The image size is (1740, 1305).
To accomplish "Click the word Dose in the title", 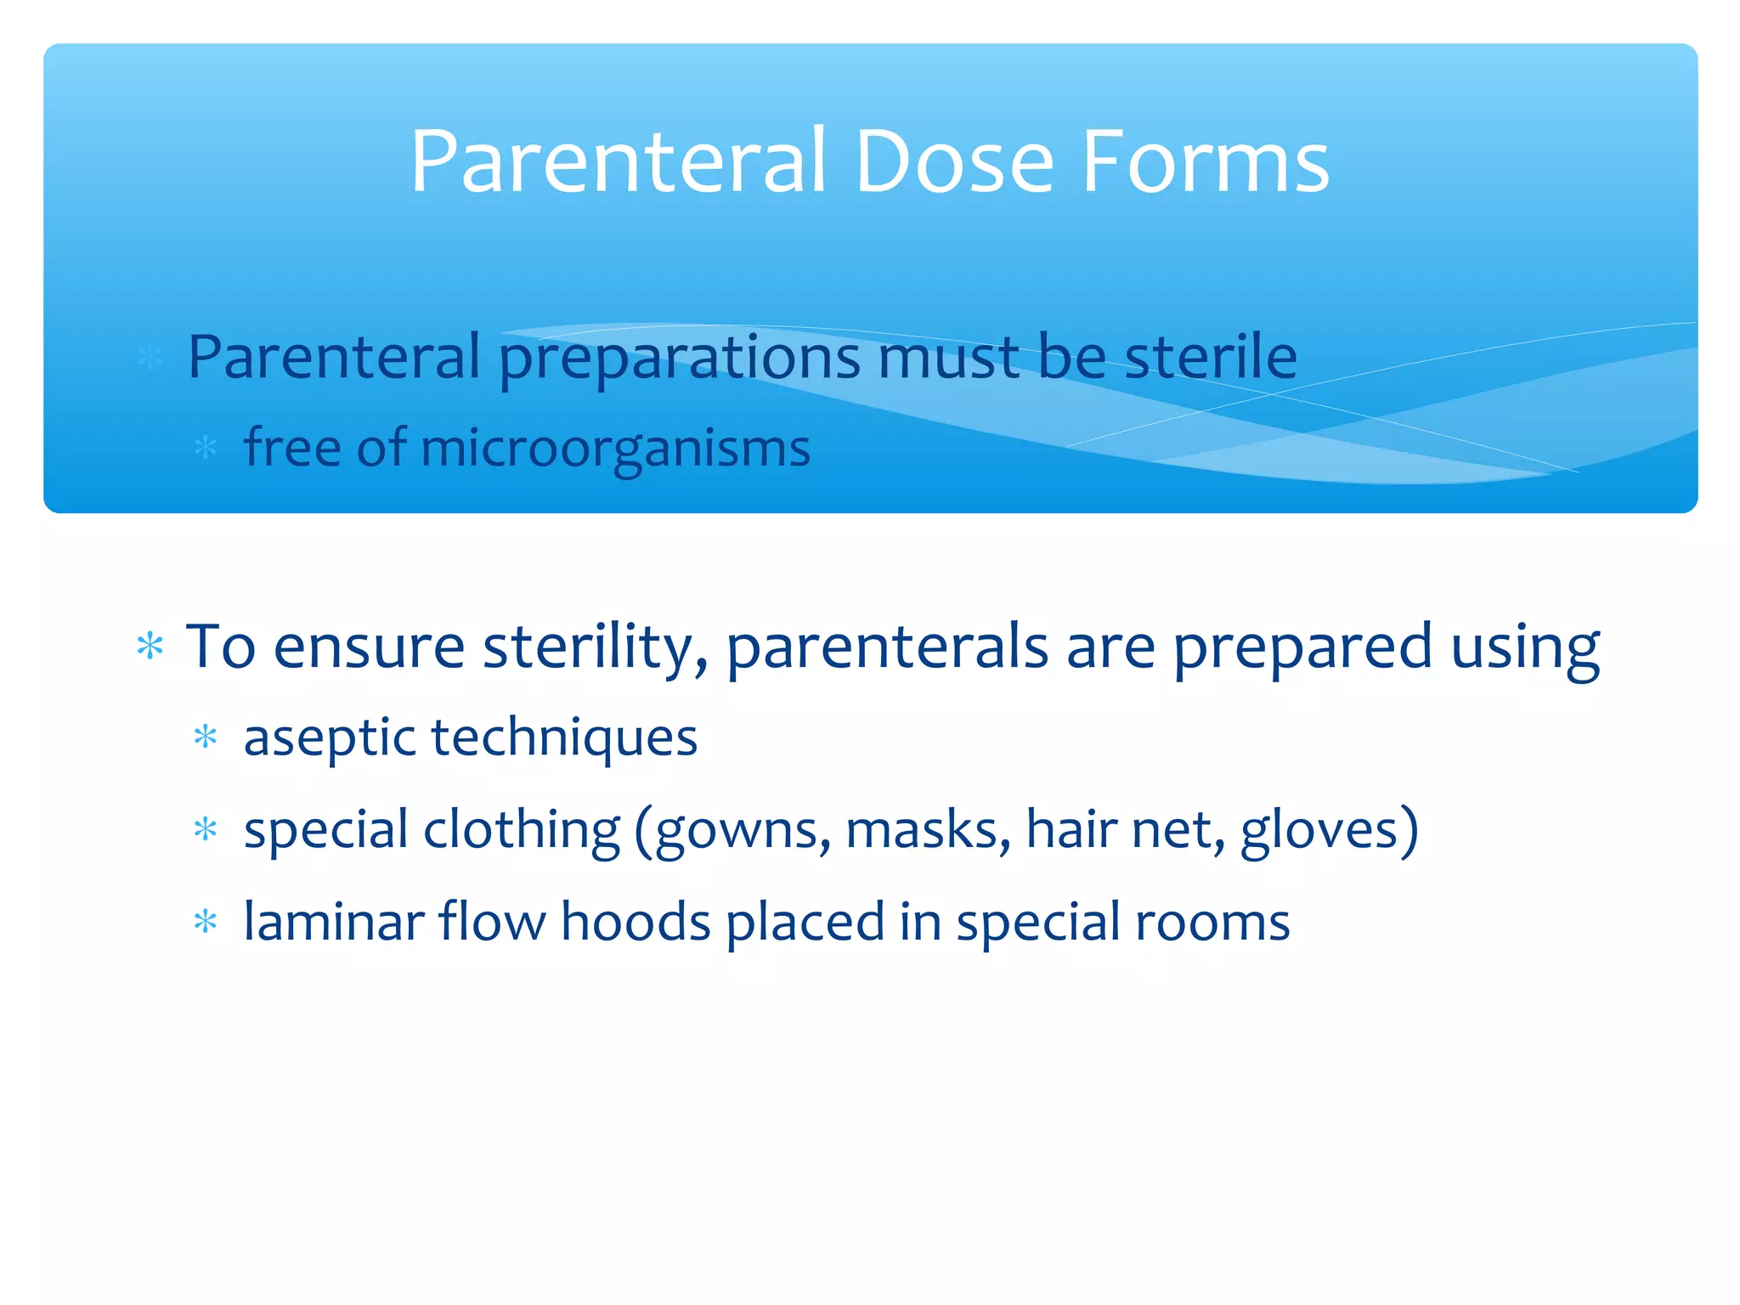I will point(953,161).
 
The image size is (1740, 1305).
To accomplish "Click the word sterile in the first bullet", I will point(1211,357).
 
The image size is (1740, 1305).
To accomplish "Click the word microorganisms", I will point(615,449).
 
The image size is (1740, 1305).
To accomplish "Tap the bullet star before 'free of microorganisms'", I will point(206,447).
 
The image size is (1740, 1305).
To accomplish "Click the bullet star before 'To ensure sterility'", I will point(150,647).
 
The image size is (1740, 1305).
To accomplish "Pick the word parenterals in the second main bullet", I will point(887,648).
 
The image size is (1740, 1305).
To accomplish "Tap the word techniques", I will point(565,737).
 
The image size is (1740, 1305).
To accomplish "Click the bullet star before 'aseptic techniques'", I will point(206,737).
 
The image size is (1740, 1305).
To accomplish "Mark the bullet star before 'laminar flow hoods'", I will point(206,922).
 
